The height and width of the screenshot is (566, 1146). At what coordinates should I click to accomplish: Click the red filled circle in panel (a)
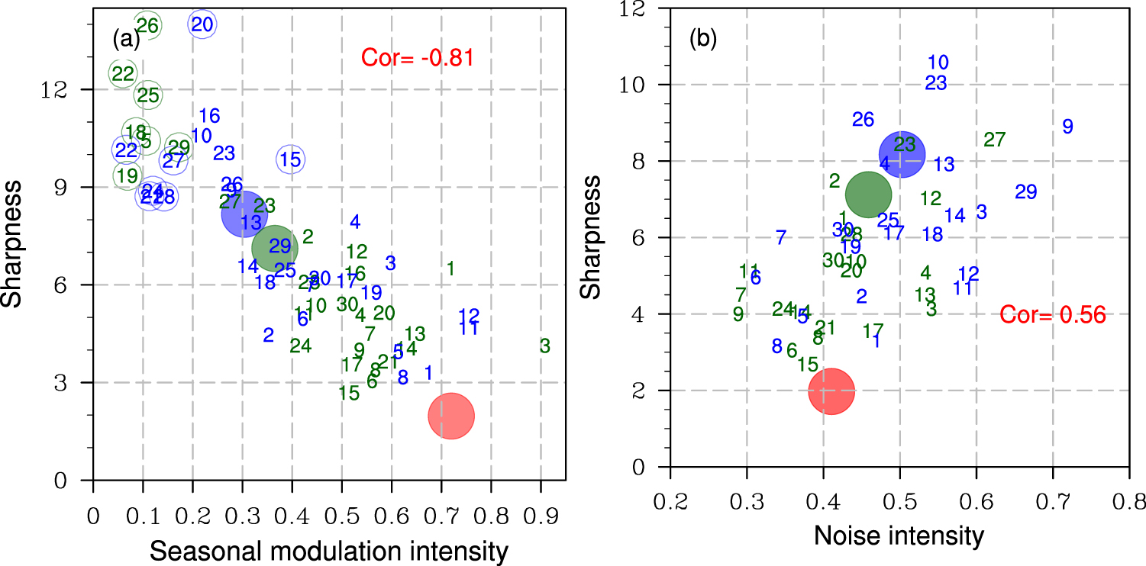coord(451,416)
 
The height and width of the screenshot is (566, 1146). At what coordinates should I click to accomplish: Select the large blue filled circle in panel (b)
coord(901,153)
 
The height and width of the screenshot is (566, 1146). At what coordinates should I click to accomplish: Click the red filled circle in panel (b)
coord(831,391)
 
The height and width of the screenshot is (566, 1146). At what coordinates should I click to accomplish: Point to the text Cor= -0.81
coord(418,57)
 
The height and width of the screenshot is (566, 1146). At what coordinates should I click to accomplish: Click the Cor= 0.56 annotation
coord(1053,315)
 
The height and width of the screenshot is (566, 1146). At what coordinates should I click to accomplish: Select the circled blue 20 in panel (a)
coord(202,24)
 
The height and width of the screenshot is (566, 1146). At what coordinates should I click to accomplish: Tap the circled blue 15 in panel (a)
coord(290,159)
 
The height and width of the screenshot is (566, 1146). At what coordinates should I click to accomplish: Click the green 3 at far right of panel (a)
coord(544,346)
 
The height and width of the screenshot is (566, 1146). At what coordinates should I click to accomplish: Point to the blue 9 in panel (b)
coord(1067,127)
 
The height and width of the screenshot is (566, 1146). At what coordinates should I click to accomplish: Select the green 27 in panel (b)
coord(994,140)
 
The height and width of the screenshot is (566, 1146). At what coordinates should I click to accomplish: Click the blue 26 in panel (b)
coord(863,120)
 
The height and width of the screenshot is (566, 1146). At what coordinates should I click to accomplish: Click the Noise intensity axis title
coord(899,536)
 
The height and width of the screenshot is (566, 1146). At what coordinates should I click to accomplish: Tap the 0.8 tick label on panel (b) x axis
coord(1129,500)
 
